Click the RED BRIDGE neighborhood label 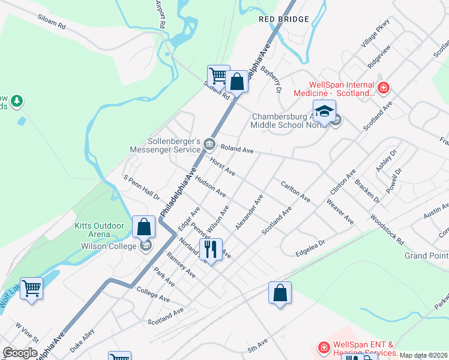[283, 19]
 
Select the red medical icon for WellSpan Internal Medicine [383, 89]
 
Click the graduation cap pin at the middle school [324, 112]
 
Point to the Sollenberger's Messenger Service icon [209, 143]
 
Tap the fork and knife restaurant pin [211, 248]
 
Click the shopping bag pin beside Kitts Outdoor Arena [143, 227]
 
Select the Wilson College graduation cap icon [145, 245]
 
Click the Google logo [20, 352]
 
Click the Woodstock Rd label [387, 227]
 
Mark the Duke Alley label [82, 340]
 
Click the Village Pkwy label [375, 34]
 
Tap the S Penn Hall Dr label [141, 187]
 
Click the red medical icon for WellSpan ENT [323, 347]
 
